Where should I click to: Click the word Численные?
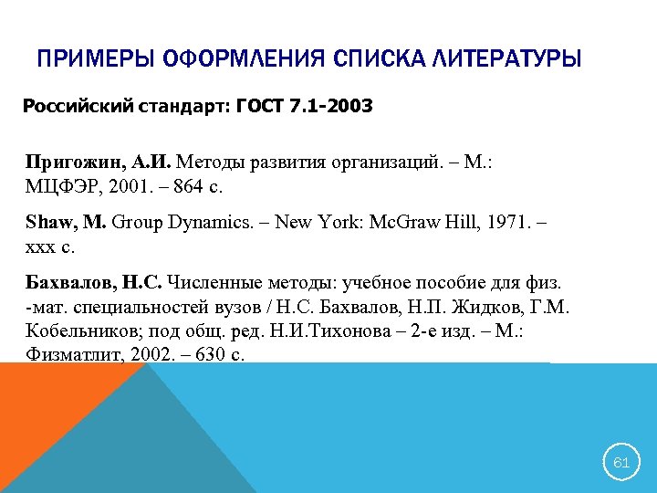[x=207, y=286]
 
